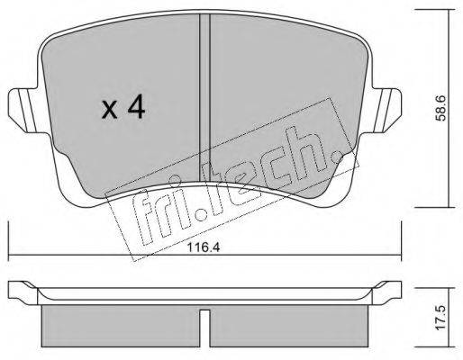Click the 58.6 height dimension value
pos(440,109)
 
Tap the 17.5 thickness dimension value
pos(440,319)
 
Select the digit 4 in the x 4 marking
pos(136,108)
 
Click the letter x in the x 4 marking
pos(109,110)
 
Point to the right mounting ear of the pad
pos(385,110)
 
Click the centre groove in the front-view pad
pos(204,99)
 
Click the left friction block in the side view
pos(121,326)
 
